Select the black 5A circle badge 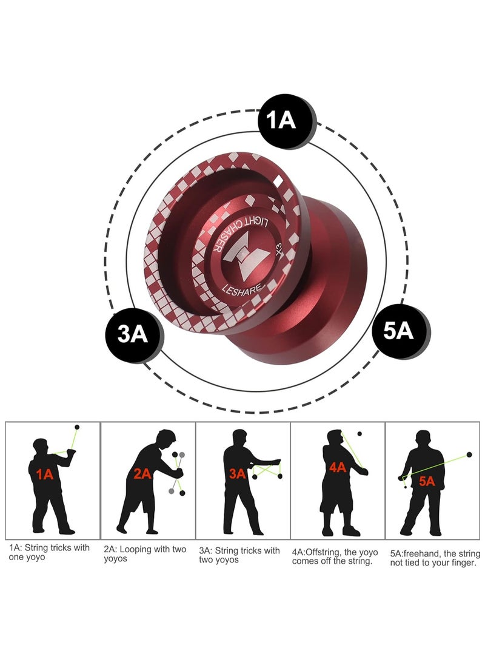(398, 331)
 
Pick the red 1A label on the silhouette (45, 475)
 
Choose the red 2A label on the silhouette (142, 474)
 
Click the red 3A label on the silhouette (237, 473)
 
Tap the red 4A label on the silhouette (337, 467)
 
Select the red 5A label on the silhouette (427, 481)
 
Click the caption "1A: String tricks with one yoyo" (50, 552)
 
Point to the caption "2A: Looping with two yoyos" (145, 553)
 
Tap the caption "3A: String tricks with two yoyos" (240, 555)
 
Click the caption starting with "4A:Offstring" (335, 556)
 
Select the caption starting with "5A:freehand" (435, 558)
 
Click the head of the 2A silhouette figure (164, 437)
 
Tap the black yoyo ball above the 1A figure (76, 427)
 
